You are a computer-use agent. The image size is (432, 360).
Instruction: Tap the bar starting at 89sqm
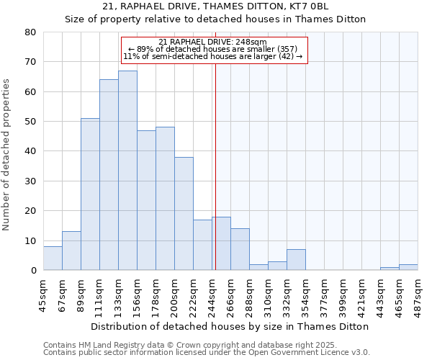tap(90, 194)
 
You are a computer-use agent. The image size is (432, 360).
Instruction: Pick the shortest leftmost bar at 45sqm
tap(53, 258)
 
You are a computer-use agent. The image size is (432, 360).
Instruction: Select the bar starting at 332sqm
tap(296, 260)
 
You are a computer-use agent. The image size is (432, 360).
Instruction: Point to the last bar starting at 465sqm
tap(408, 267)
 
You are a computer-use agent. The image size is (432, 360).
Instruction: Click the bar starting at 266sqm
tap(240, 250)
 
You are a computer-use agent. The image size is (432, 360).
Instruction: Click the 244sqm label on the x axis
tap(212, 293)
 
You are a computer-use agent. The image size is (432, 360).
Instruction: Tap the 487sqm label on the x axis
tap(418, 293)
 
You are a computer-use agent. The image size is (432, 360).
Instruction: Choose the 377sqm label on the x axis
tap(325, 293)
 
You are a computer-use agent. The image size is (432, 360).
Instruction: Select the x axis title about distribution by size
tap(230, 326)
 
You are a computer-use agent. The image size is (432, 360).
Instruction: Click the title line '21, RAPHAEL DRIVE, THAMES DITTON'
tap(215, 6)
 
